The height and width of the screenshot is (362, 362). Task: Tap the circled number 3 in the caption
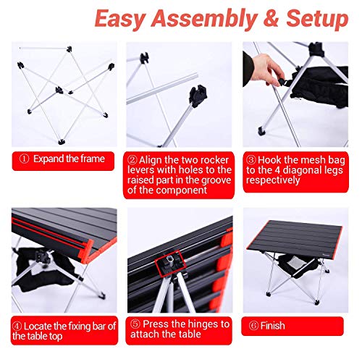pos(251,159)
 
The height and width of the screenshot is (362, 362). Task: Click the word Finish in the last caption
pos(274,325)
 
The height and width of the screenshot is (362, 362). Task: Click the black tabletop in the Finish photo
pos(297,241)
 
